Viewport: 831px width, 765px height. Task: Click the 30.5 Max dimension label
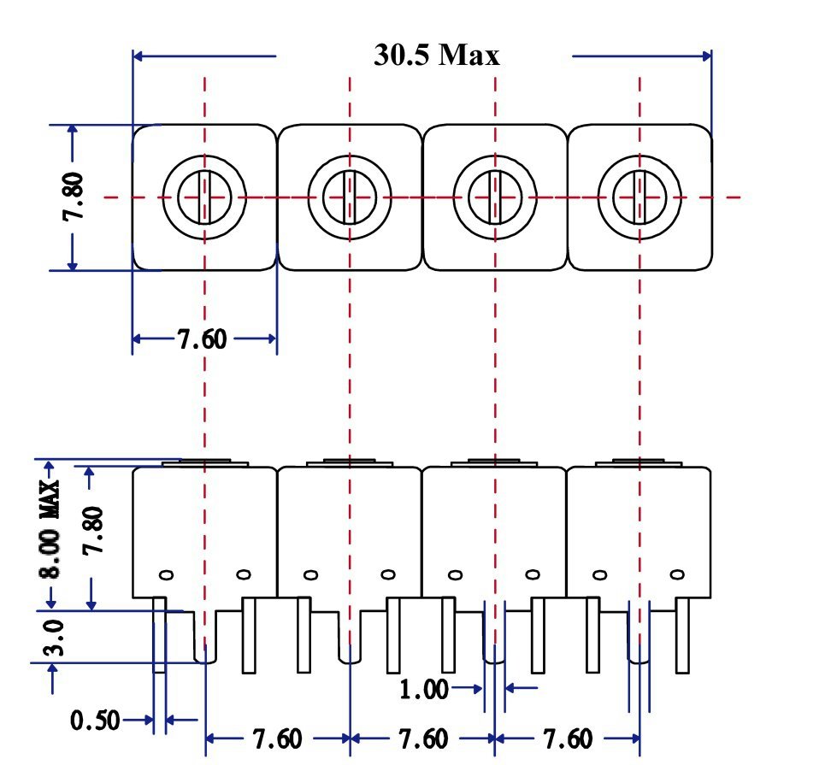(x=437, y=55)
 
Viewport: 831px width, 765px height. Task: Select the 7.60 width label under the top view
(x=203, y=339)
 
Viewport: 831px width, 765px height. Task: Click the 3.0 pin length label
(x=54, y=637)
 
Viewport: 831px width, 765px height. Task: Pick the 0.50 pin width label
(x=95, y=721)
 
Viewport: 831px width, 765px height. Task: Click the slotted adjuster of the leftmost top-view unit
(x=204, y=197)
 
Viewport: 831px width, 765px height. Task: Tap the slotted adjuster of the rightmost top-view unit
(x=639, y=197)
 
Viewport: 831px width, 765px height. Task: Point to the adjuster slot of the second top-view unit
(x=350, y=197)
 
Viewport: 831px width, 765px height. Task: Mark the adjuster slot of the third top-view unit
(x=495, y=197)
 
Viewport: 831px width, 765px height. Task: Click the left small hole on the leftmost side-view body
(x=168, y=574)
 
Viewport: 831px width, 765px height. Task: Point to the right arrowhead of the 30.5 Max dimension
(x=706, y=56)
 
